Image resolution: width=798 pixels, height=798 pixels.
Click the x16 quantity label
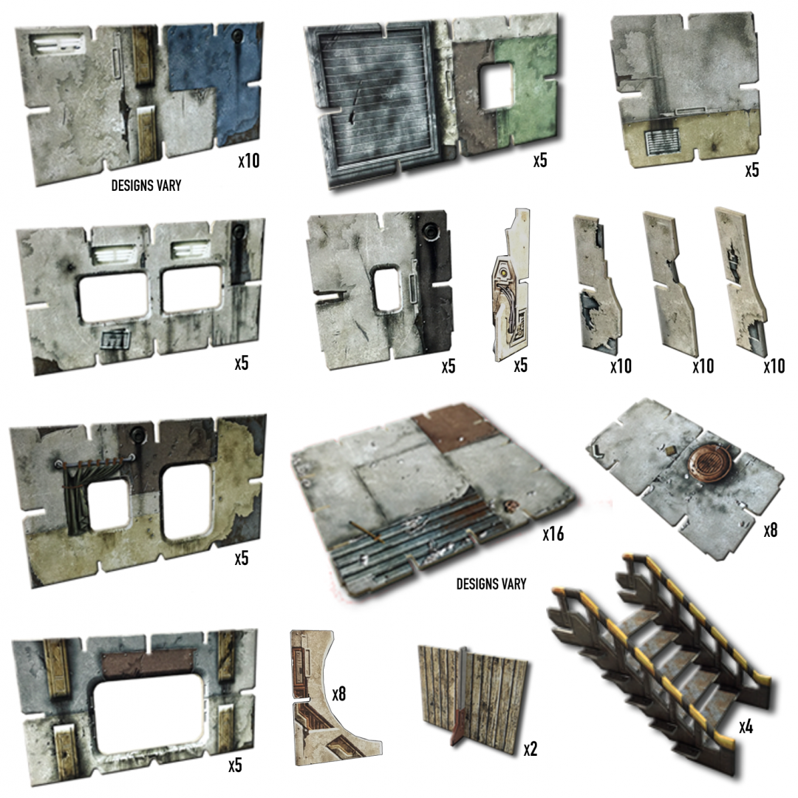coord(553,533)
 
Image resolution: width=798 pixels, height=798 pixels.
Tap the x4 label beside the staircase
coord(746,727)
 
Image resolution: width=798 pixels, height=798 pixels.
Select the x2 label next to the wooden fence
coord(530,749)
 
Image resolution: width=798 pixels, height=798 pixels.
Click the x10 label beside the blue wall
coord(249,161)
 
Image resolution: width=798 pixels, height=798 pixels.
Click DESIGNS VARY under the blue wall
coord(146,186)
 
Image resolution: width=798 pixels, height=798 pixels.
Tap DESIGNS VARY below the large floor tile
coord(491,584)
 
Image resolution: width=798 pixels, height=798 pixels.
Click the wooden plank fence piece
coord(473,693)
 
